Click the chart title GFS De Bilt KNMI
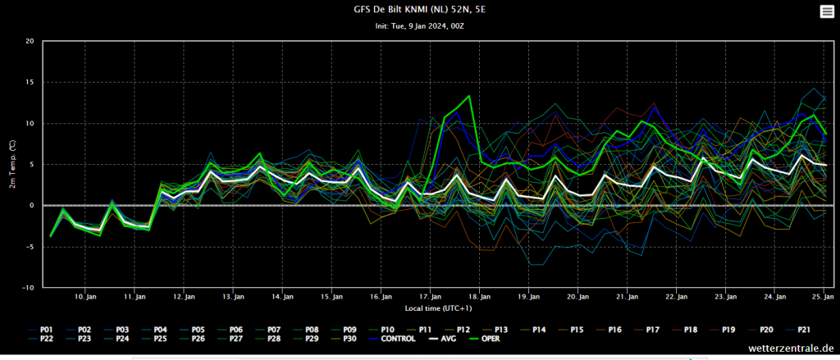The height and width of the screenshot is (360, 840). [x=419, y=10]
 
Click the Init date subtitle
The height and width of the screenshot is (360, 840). [x=419, y=25]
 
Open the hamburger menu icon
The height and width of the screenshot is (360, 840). [x=825, y=11]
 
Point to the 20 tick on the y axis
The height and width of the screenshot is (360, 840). [x=30, y=41]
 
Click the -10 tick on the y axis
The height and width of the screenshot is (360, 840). [x=28, y=288]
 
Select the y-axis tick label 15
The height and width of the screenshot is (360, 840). [x=30, y=82]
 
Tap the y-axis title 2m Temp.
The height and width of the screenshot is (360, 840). [x=12, y=164]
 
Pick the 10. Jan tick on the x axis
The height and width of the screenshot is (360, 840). [x=85, y=297]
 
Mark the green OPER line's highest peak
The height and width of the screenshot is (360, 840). [x=469, y=96]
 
